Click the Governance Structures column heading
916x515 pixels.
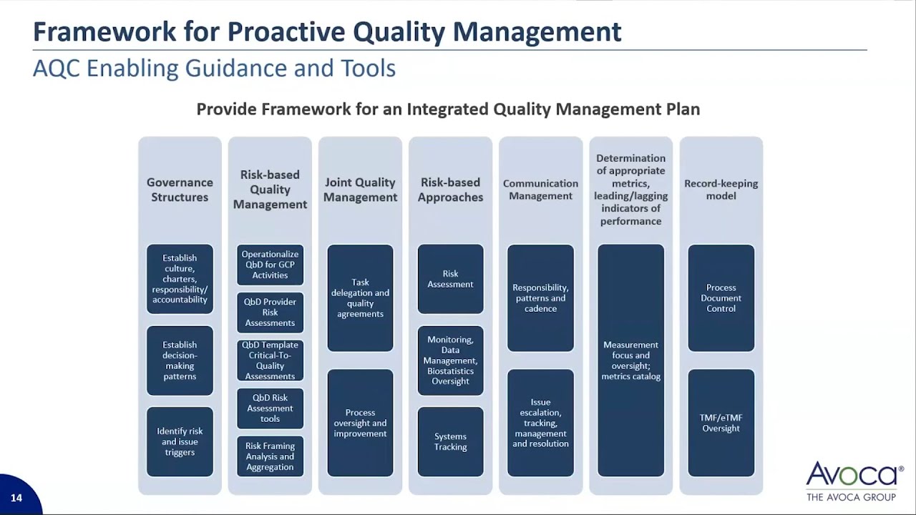(180, 190)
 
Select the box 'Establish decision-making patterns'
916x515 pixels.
(180, 360)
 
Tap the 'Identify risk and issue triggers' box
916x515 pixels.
(180, 441)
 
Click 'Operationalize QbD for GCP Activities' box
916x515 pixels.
(270, 265)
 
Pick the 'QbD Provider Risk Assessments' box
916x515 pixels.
(270, 313)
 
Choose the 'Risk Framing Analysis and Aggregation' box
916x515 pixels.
(270, 456)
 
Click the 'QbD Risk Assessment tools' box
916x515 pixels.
(270, 408)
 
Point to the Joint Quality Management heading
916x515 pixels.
(360, 190)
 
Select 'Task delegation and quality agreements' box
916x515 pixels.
(360, 298)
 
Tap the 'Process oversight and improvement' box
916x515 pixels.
(360, 423)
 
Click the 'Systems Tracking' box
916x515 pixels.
(450, 441)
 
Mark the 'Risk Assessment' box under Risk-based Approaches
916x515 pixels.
(450, 279)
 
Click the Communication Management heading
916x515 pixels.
(540, 190)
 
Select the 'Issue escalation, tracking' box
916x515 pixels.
(540, 423)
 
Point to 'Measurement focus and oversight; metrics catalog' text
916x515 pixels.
(630, 360)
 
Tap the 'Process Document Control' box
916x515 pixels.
(721, 298)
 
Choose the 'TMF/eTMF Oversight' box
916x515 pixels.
(721, 423)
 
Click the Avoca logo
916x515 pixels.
(854, 479)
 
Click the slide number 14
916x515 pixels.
(16, 498)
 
